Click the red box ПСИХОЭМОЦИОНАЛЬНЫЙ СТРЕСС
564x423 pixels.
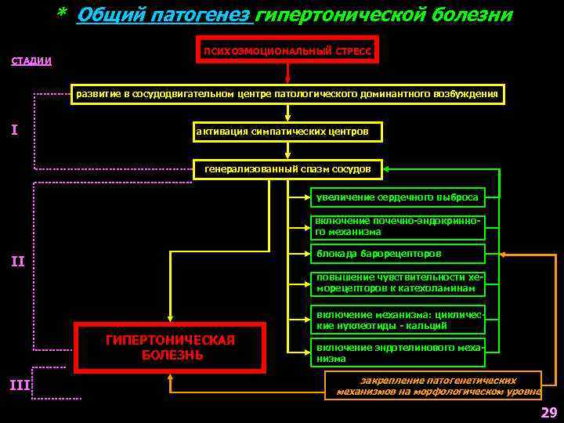[x=287, y=49]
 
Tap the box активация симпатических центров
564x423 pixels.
[x=287, y=131]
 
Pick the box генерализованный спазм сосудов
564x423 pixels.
[x=287, y=169]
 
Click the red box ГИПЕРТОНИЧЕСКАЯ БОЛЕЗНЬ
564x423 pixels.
[x=171, y=346]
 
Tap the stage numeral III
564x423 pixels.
[x=19, y=384]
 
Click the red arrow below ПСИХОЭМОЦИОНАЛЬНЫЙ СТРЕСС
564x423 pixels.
[x=287, y=73]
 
